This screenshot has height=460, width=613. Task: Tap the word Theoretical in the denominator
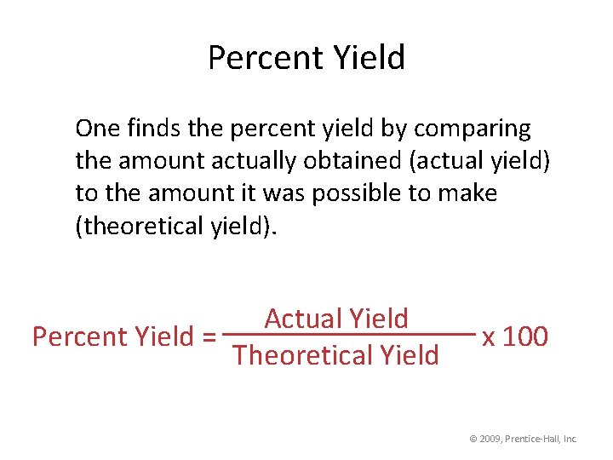303,354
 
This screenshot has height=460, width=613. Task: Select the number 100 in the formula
525,336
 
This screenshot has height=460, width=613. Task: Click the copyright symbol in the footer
473,439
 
